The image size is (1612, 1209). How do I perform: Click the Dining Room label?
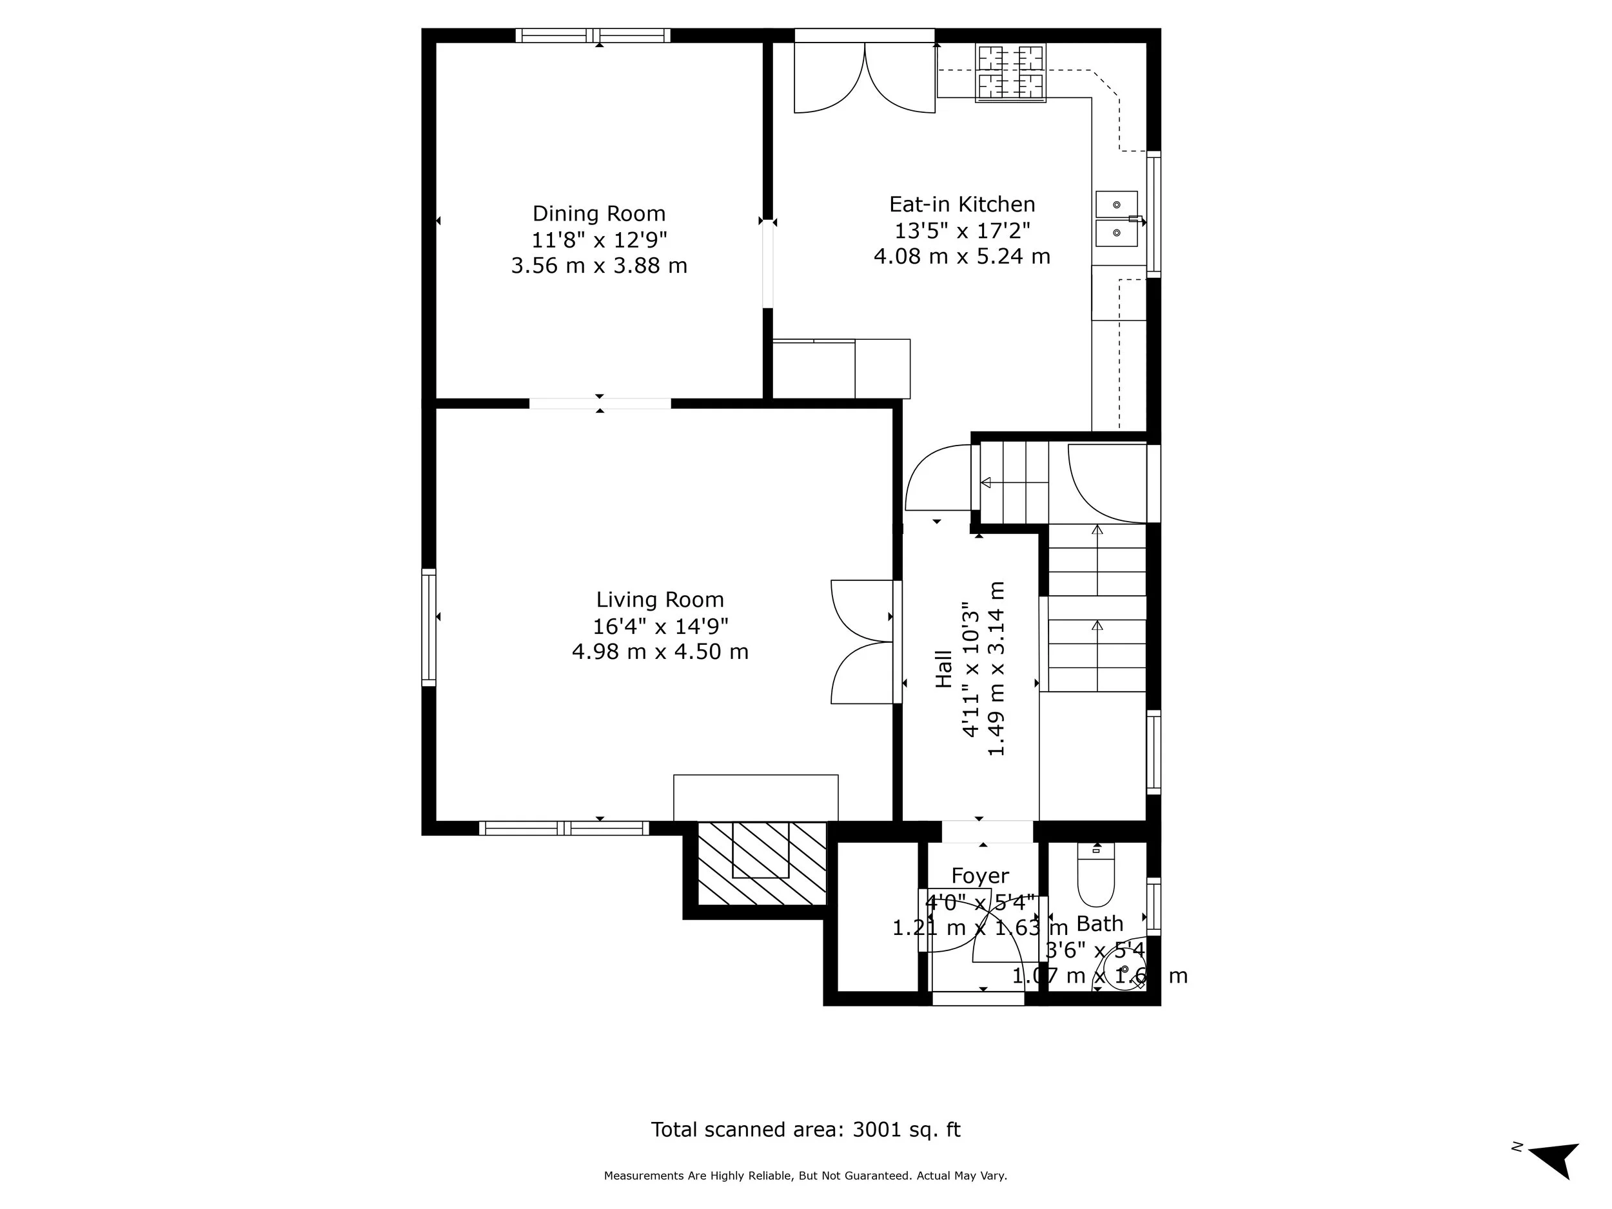pyautogui.click(x=598, y=213)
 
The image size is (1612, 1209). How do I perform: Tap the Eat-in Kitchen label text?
pyautogui.click(x=961, y=204)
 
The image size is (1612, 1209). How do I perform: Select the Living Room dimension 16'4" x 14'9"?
pyautogui.click(x=660, y=626)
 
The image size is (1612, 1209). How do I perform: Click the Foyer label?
pyautogui.click(x=979, y=876)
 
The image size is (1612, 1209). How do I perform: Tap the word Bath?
pyautogui.click(x=1099, y=924)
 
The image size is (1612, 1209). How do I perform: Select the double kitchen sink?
pyautogui.click(x=1116, y=219)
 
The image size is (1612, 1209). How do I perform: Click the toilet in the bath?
pyautogui.click(x=1096, y=878)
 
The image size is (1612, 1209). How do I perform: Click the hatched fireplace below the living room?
pyautogui.click(x=762, y=863)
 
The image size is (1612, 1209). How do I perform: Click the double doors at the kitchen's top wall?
pyautogui.click(x=864, y=77)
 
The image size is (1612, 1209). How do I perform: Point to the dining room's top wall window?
pyautogui.click(x=593, y=35)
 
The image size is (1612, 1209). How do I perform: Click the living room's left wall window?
pyautogui.click(x=429, y=627)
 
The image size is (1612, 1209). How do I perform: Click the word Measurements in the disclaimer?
pyautogui.click(x=644, y=1175)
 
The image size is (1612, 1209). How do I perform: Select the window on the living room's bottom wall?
pyautogui.click(x=564, y=828)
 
